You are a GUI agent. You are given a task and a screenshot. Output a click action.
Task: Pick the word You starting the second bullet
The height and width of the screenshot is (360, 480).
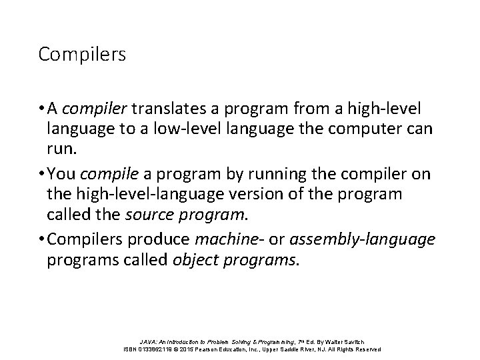click(61, 175)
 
